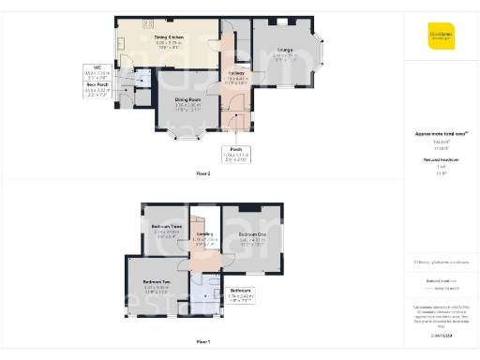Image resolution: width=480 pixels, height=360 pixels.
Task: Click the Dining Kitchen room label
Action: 162,37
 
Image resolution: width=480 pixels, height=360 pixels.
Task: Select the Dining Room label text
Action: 188,100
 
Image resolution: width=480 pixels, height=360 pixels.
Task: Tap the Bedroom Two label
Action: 156,282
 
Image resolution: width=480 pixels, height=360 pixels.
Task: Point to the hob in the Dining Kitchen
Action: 148,22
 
